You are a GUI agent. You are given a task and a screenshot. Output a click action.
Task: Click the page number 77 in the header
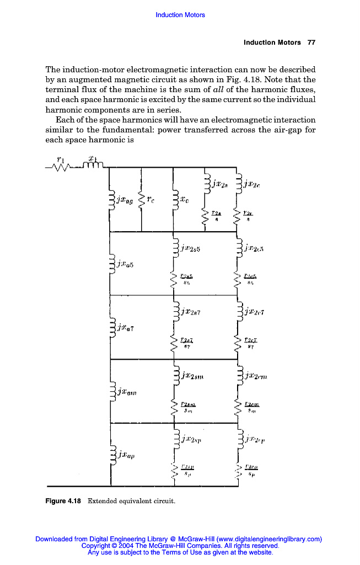311,42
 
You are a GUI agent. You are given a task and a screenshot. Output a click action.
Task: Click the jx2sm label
192,376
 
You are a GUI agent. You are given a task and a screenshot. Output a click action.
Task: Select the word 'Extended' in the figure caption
103,501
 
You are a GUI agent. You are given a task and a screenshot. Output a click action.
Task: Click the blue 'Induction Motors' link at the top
180,15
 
